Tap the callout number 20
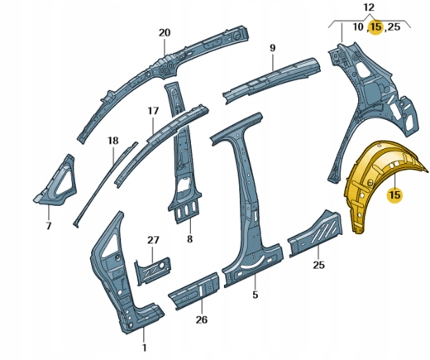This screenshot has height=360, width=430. pos(165,33)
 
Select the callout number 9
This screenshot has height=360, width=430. pos(272,48)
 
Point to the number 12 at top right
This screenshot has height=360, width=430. pos(369,7)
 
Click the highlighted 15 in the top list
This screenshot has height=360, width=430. pos(376,27)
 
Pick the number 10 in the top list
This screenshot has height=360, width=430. pos(358,27)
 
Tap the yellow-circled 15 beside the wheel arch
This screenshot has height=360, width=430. pos(394,195)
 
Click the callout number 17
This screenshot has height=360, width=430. pos(153,111)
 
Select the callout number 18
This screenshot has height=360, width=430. pos(113,141)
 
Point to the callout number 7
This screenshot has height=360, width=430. pos(49,226)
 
